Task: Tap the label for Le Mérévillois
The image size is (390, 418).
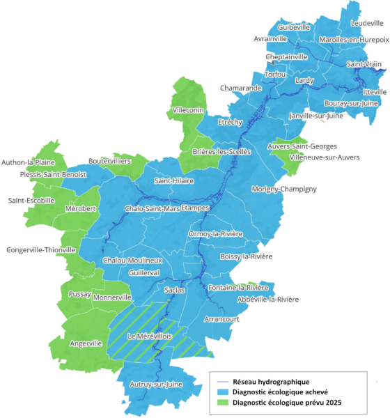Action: (x=150, y=336)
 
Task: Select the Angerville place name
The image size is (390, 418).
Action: (x=86, y=343)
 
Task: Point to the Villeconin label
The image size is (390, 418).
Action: (x=188, y=111)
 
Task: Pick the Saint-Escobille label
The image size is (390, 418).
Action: (x=31, y=201)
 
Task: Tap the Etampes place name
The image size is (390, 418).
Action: (x=196, y=208)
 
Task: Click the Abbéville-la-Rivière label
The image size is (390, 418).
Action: (x=267, y=300)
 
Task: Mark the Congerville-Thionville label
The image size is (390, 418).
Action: (x=40, y=249)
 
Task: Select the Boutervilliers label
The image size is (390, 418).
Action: (x=110, y=161)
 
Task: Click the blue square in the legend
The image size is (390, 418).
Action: (x=222, y=393)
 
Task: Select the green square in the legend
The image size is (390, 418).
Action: (x=222, y=403)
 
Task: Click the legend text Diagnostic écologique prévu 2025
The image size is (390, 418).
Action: (x=287, y=403)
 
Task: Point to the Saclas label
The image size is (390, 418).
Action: (x=173, y=288)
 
